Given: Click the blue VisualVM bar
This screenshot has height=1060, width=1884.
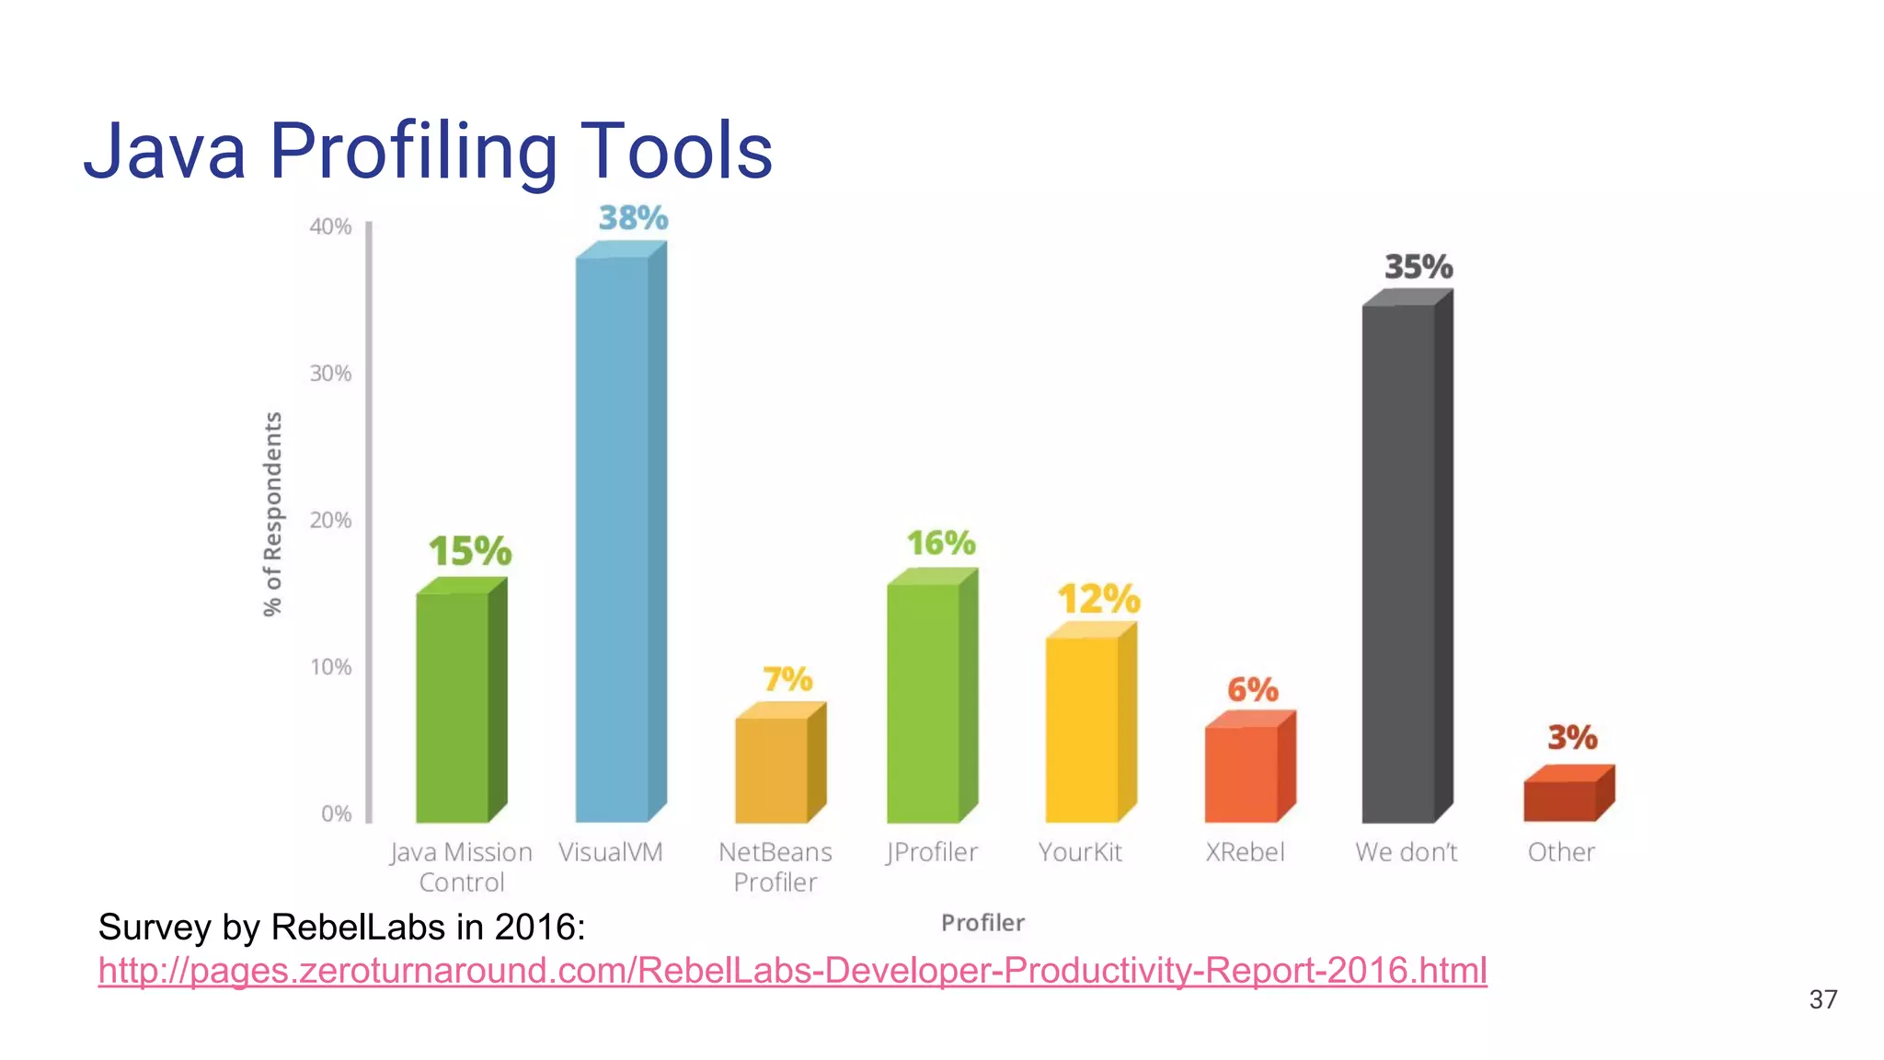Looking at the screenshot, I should [613, 538].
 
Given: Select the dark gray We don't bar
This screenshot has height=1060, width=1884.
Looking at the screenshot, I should [1399, 563].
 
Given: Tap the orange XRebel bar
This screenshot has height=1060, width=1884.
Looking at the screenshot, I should [1242, 773].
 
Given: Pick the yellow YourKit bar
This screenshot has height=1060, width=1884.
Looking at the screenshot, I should [1083, 729].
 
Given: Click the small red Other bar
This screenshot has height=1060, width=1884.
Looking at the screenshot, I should [1560, 801].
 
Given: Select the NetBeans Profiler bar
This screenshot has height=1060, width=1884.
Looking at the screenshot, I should [772, 769].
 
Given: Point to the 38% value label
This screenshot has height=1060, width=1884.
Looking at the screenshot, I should [633, 218].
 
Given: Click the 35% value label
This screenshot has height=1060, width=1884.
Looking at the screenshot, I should [1419, 267].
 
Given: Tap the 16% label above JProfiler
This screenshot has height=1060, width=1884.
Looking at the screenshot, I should [940, 543].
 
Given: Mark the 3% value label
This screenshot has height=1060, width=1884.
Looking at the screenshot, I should [1571, 737].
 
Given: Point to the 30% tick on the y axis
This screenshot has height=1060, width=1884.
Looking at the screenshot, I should [330, 374].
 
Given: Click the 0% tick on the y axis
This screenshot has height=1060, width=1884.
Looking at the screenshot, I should [336, 813].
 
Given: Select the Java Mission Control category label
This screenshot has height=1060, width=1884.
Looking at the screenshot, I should [461, 867].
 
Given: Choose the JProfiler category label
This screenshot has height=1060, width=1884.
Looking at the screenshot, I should [931, 852].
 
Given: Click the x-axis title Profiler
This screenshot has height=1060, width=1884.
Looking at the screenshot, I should [982, 923].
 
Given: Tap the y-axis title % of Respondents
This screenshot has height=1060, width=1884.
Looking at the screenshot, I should [272, 513].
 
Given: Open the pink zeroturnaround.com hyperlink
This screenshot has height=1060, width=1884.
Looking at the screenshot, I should [792, 971].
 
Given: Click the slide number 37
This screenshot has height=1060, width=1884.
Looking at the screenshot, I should [1822, 999].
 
